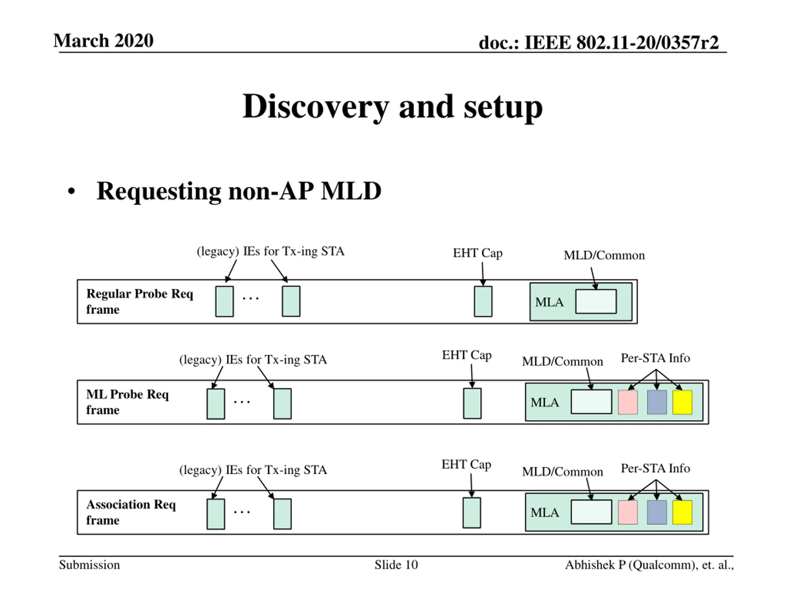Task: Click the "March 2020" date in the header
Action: (x=103, y=40)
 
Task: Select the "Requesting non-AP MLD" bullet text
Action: (x=239, y=191)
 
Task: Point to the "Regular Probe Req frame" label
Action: (x=140, y=302)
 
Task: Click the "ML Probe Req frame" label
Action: (x=127, y=402)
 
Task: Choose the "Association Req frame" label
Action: (x=131, y=512)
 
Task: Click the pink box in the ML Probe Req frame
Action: (x=628, y=402)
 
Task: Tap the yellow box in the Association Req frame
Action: (x=682, y=512)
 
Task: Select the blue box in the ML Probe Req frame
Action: (x=657, y=402)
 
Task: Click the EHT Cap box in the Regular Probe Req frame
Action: (x=483, y=302)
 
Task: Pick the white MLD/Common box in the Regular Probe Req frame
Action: (x=596, y=302)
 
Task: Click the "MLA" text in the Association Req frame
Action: (x=545, y=513)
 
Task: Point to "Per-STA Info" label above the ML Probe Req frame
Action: (x=656, y=358)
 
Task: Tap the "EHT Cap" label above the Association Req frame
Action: (x=466, y=465)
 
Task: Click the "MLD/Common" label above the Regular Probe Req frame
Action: (x=604, y=255)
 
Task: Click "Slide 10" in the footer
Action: (x=396, y=565)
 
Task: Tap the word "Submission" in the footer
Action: (x=89, y=565)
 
